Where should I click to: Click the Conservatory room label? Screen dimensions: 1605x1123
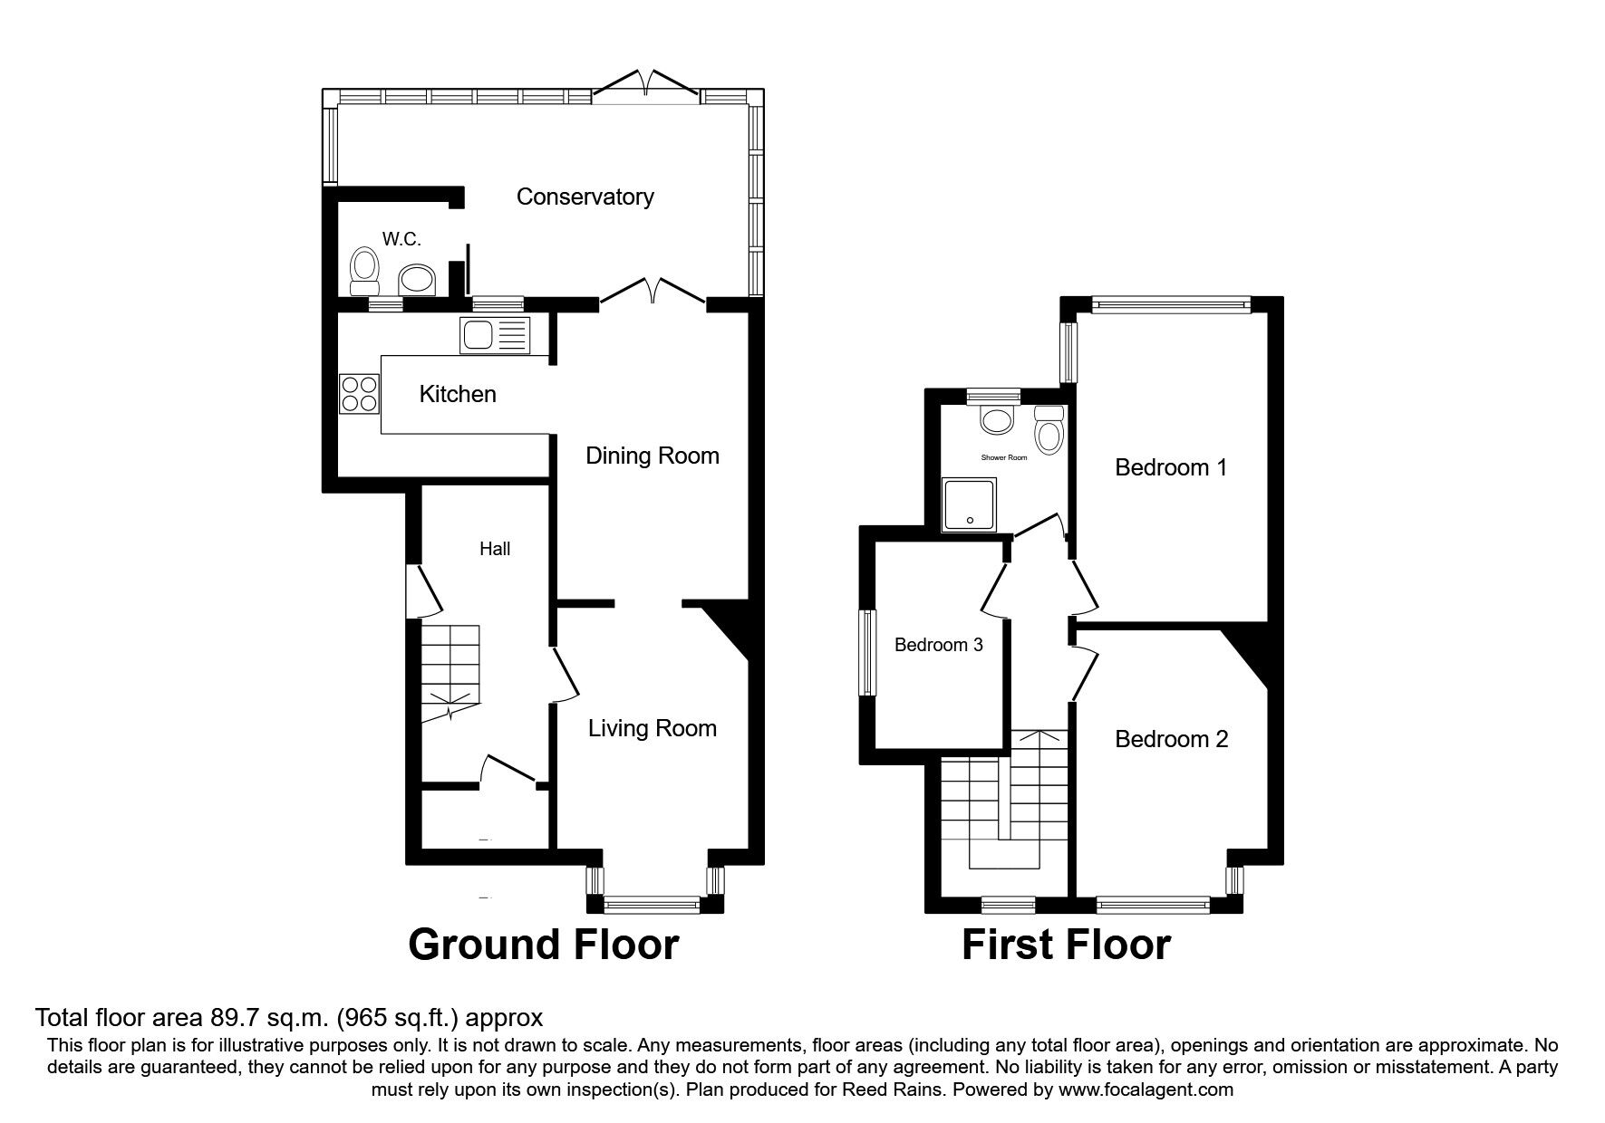coord(585,197)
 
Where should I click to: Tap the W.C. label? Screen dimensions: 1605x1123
coord(401,239)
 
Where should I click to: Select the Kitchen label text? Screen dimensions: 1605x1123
coord(458,394)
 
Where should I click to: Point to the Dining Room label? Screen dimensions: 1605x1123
coord(653,456)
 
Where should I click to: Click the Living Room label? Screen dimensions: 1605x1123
coord(653,728)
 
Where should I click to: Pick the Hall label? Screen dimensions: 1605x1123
coord(495,549)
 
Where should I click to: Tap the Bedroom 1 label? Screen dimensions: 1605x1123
coord(1171,467)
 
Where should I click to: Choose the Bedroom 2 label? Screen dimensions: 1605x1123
coord(1171,739)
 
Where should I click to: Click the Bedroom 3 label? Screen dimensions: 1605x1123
coord(939,645)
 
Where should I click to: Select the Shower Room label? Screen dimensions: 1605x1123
coord(1005,457)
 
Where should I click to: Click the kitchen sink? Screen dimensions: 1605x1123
coord(495,336)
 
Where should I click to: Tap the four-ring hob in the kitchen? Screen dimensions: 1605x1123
coord(360,394)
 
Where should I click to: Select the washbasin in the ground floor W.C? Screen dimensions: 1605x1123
coord(418,280)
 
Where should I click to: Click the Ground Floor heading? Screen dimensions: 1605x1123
coord(544,945)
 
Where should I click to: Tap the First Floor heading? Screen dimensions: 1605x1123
coord(1066,945)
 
